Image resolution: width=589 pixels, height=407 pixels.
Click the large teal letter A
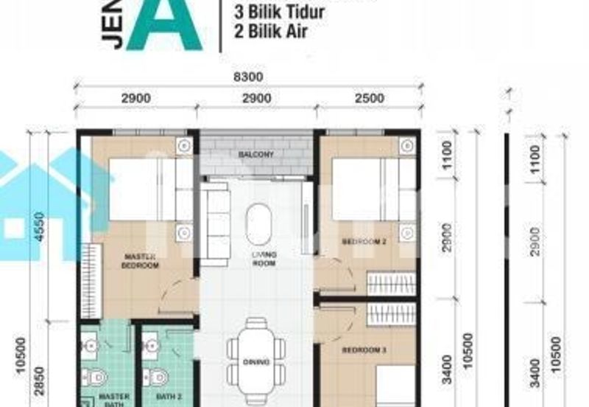pos(163,26)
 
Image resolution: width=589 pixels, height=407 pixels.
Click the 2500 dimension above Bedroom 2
pos(367,98)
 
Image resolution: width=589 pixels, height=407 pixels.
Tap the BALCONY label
pos(255,155)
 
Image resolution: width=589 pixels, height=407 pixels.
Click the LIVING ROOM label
pos(263,258)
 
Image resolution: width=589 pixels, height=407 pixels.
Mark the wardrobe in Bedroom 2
pos(391,283)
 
